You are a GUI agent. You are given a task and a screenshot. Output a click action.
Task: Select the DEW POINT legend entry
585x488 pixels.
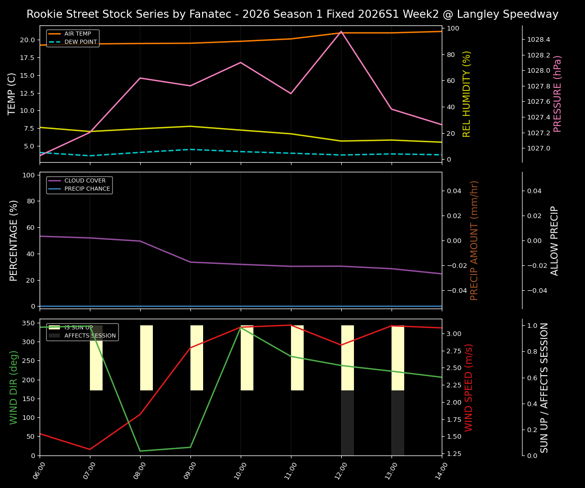coord(80,42)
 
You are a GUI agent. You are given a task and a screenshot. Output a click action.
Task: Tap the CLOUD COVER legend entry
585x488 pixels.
coord(85,180)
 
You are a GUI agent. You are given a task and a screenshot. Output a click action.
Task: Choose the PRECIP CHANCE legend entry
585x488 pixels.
coord(87,189)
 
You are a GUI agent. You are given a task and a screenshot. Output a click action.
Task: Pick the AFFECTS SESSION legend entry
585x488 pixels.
coord(90,335)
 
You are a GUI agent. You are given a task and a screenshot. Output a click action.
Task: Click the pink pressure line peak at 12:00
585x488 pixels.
coord(341,32)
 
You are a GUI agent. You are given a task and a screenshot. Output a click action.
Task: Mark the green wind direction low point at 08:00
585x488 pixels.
coord(140,451)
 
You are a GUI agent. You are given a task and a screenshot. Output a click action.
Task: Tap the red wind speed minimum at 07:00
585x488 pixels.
coord(90,449)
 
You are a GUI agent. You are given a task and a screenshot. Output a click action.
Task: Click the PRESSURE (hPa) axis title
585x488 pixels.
coord(558,94)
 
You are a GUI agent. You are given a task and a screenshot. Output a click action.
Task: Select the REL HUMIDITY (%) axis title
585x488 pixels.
coord(467,94)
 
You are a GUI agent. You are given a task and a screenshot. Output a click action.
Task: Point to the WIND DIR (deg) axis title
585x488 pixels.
coord(14,387)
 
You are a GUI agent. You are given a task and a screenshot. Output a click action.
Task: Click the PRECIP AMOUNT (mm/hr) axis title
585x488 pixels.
coord(474,240)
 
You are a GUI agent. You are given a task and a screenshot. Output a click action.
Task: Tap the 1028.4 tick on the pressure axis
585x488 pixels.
coord(539,40)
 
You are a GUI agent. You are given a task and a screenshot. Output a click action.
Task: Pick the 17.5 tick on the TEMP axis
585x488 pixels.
coord(25,57)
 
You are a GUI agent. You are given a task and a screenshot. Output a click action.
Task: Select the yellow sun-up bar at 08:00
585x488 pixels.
coord(146,358)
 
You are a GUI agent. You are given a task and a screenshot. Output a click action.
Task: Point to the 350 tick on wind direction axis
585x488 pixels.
coord(28,323)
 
